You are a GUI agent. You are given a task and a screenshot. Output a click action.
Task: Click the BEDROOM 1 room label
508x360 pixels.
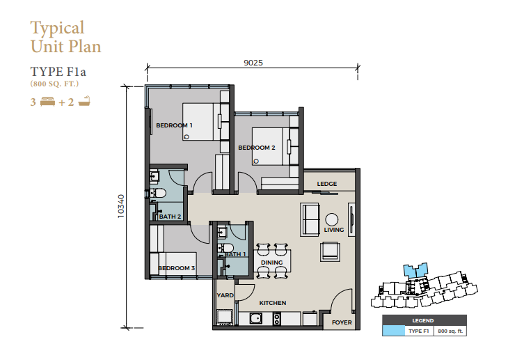point(174,125)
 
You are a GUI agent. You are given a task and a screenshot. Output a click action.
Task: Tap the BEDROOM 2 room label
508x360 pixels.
point(257,148)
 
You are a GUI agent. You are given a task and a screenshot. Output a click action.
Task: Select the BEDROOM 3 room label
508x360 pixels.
point(177,268)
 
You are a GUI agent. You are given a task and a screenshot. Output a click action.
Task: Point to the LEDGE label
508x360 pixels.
point(327,184)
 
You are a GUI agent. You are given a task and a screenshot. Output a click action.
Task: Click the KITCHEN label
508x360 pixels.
point(273,303)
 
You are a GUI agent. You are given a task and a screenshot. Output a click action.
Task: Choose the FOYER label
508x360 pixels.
point(342,322)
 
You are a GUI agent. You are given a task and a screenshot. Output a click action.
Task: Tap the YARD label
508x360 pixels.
point(225,295)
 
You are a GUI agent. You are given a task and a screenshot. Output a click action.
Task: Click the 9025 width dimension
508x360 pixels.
point(253,63)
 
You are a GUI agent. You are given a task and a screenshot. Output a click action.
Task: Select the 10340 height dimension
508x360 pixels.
point(121,206)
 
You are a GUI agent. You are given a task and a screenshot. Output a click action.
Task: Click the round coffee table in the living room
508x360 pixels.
point(331,219)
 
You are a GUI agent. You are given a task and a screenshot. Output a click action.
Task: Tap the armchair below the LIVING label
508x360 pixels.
point(330,251)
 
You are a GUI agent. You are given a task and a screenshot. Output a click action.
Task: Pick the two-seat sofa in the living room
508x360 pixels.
point(310,219)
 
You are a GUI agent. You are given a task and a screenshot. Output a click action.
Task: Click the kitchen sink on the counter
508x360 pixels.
point(256,318)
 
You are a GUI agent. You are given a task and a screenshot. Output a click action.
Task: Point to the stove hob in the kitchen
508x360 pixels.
point(277,318)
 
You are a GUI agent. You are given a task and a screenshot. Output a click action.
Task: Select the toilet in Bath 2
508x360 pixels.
point(157,194)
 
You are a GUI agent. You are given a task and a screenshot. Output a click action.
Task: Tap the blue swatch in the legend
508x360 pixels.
point(393,331)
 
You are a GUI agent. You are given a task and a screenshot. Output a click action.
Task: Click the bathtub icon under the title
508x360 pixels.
point(84,101)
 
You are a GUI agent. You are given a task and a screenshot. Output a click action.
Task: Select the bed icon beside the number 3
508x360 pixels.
point(47,102)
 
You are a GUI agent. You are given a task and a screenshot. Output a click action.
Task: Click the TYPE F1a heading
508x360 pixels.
point(58,72)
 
